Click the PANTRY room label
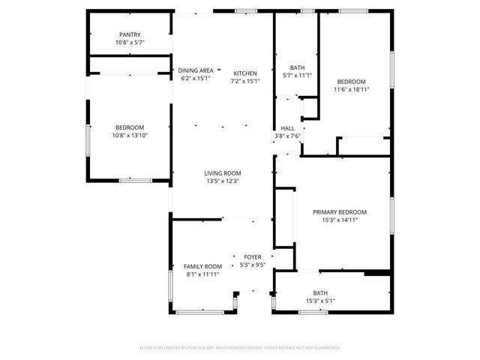(130, 34)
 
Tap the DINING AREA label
(196, 70)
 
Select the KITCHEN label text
(245, 73)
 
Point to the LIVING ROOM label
(222, 173)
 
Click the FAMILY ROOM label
(203, 266)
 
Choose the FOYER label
(252, 257)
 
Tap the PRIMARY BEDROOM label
(340, 212)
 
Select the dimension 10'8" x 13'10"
(130, 135)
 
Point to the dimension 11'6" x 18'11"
(351, 89)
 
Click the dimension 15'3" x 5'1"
(319, 301)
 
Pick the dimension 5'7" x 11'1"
(287, 75)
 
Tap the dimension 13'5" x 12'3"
(222, 181)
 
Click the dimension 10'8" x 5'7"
(130, 42)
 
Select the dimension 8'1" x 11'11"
(203, 274)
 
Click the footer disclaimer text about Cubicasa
(240, 347)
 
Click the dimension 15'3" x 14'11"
(340, 220)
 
